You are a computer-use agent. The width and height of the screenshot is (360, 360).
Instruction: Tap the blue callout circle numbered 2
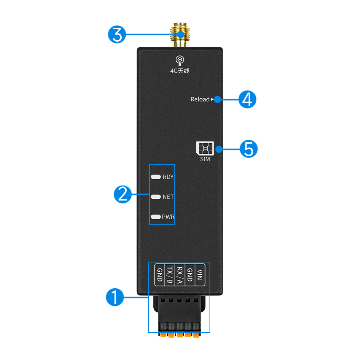pos(123,194)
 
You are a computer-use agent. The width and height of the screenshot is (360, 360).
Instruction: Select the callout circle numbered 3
pos(117,35)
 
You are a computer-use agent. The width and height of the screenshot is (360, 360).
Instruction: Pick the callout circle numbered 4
pos(247,99)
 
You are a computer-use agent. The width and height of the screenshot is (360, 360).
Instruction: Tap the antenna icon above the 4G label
pos(180,60)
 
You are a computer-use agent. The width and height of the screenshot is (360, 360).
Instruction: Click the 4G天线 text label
pos(180,71)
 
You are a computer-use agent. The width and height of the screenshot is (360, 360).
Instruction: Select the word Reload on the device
pos(200,99)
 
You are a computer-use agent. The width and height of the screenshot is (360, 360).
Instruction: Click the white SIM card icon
pos(205,148)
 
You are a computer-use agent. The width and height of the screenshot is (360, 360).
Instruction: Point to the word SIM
pos(205,159)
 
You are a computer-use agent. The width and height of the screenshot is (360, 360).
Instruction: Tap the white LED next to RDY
pos(156,177)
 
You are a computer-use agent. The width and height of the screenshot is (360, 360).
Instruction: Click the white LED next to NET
pos(156,197)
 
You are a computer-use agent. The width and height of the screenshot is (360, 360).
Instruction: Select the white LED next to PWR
pos(156,217)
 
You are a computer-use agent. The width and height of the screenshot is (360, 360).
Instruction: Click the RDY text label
pos(168,177)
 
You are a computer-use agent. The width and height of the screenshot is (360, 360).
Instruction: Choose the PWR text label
pos(168,217)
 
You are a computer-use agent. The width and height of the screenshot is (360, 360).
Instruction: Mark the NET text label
pos(168,197)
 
